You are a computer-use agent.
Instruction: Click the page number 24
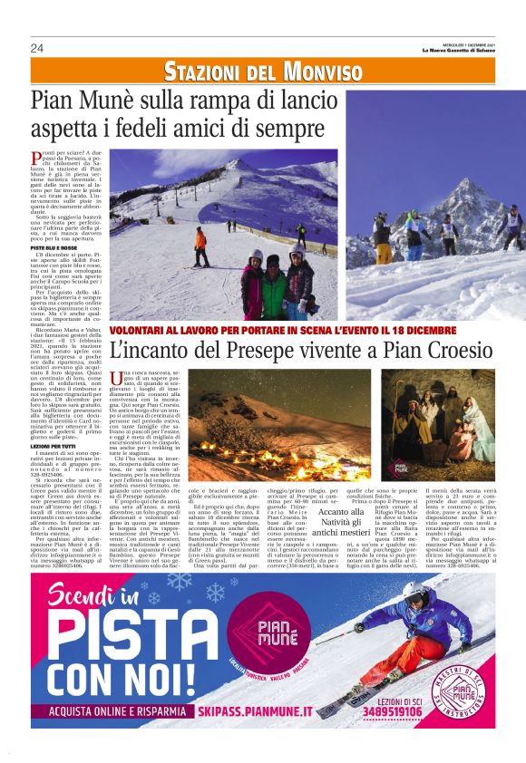(x=36, y=48)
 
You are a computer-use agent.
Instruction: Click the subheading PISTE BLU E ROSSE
(x=53, y=247)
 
